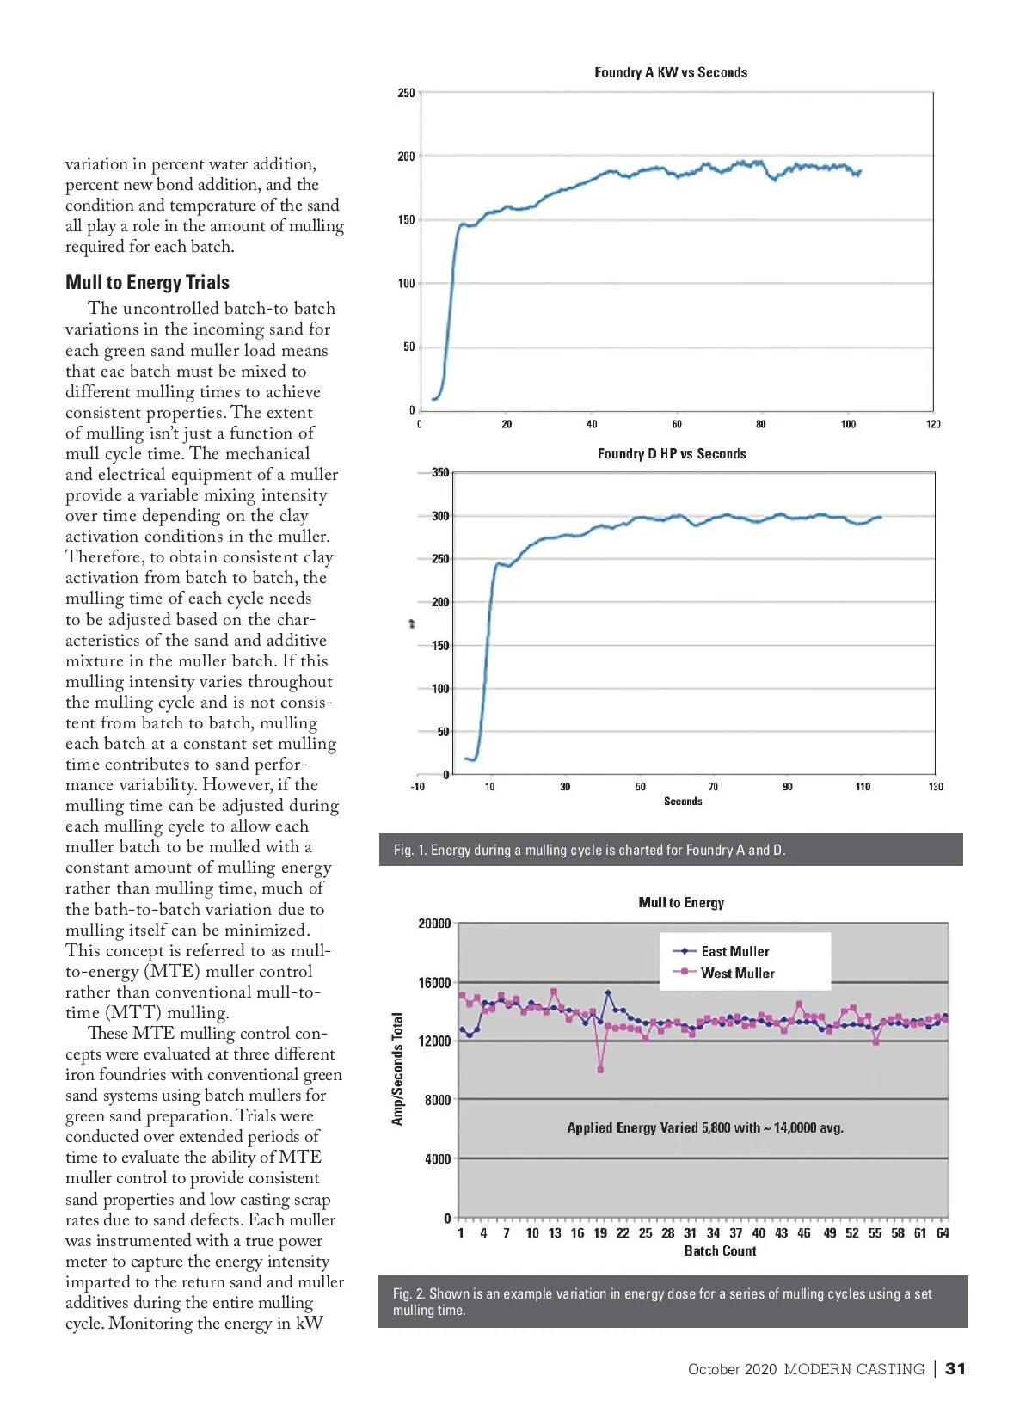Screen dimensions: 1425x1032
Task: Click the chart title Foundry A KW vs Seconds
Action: click(x=671, y=73)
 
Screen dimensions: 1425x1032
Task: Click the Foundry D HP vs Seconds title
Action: click(x=672, y=454)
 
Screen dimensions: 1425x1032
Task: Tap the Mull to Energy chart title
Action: click(x=681, y=902)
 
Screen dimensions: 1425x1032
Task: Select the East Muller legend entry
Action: click(x=734, y=951)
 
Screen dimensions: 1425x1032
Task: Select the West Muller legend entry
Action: click(x=737, y=973)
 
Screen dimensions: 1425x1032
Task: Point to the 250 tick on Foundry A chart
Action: click(x=406, y=93)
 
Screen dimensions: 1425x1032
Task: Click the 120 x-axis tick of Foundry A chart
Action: click(x=933, y=424)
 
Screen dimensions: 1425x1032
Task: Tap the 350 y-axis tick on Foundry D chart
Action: click(x=440, y=472)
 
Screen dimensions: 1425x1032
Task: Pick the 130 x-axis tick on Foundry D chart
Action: click(x=936, y=787)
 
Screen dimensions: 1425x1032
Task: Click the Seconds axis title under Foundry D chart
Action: click(x=683, y=802)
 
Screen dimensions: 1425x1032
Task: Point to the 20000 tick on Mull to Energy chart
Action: click(x=434, y=924)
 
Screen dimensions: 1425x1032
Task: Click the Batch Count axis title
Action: click(x=720, y=1251)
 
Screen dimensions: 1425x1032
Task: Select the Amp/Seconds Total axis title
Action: click(x=397, y=1069)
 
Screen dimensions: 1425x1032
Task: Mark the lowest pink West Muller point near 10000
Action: click(x=600, y=1070)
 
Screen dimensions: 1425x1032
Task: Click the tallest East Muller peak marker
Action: click(x=608, y=992)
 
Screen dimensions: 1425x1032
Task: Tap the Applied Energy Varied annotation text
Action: click(x=705, y=1127)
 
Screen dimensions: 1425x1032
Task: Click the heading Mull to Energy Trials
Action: click(x=147, y=282)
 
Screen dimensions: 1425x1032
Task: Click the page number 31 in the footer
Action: click(x=955, y=1369)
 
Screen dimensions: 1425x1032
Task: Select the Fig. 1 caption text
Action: click(x=589, y=850)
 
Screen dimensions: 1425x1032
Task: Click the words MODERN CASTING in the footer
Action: click(x=854, y=1369)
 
